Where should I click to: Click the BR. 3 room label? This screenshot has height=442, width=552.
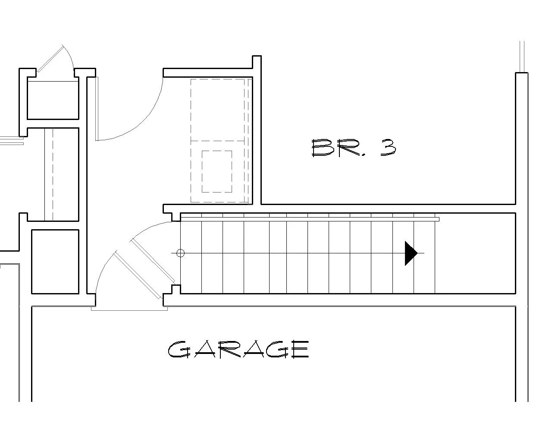click(354, 148)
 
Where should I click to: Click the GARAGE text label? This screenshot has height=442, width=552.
click(238, 350)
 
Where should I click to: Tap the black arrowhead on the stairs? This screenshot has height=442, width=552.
click(411, 253)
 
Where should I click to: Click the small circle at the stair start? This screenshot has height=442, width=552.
click(181, 253)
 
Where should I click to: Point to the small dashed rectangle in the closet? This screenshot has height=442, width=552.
click(217, 171)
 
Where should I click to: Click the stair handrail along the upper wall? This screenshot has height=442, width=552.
click(310, 219)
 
